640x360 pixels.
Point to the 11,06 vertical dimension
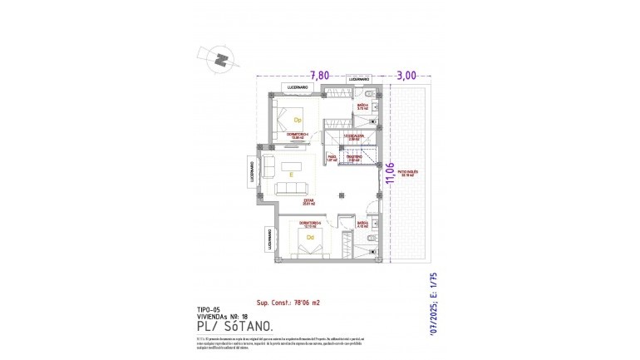pos(389,175)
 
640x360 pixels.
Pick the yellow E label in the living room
pos(291,175)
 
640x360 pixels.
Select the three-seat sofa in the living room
pos(292,190)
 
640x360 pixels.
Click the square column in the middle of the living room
pos(341,194)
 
